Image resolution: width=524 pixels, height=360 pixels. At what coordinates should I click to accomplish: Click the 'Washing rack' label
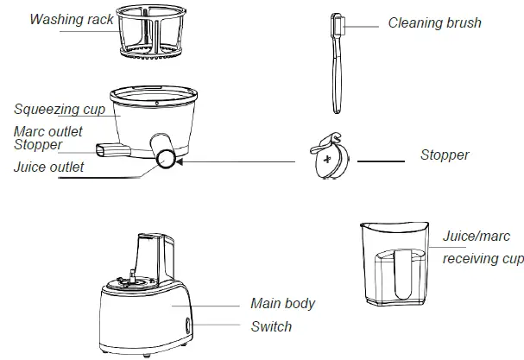coord(72,19)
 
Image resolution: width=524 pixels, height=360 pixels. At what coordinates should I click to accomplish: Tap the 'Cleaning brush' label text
coord(433,23)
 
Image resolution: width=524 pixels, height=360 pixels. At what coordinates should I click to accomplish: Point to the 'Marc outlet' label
coord(48,131)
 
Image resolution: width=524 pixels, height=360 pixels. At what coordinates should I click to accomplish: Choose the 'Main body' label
coord(282,304)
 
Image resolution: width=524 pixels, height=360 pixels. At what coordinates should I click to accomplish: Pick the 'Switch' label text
coord(271,326)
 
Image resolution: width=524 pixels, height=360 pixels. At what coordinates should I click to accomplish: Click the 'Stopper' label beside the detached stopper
coord(445,155)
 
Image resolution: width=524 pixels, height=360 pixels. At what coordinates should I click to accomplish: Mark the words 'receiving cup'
coord(482,259)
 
